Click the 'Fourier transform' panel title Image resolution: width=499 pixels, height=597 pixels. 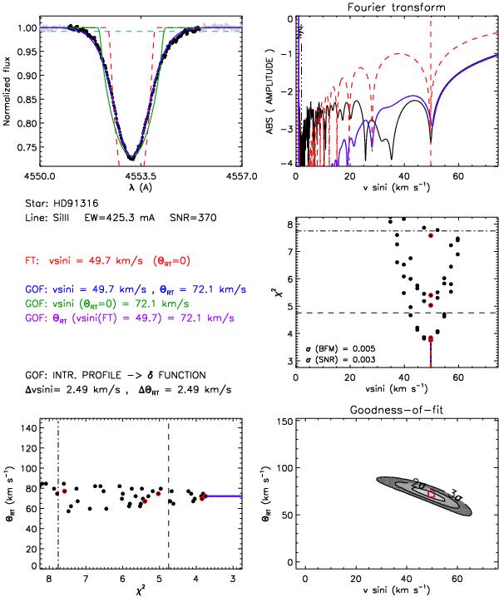pos(397,7)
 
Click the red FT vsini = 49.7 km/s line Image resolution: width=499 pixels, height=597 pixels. pos(116,259)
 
